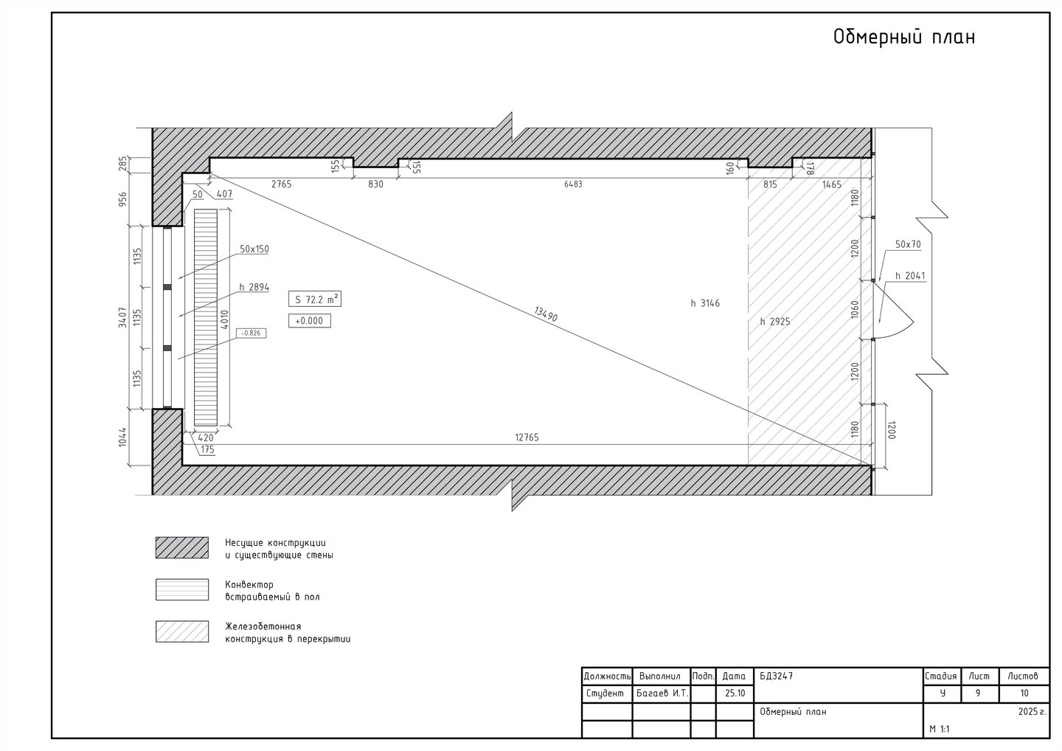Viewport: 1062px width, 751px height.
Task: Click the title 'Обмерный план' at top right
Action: point(904,36)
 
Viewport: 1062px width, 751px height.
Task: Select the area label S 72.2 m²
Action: point(315,300)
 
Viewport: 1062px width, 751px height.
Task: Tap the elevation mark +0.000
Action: point(309,321)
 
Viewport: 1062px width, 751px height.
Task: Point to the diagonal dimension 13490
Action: point(545,314)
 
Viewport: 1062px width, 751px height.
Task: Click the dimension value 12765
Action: point(527,437)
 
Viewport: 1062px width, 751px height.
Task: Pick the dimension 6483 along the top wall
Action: point(573,184)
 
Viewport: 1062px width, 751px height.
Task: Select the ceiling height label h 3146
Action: point(705,303)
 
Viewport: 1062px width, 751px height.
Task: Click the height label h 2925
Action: point(775,322)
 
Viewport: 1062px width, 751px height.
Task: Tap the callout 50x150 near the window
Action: point(254,249)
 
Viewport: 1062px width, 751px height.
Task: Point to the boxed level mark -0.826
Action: point(251,333)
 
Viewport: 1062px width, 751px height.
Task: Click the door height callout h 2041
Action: point(910,276)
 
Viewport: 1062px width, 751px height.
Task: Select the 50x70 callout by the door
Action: point(908,245)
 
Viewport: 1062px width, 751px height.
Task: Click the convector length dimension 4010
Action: point(225,319)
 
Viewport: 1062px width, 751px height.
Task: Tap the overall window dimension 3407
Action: point(122,317)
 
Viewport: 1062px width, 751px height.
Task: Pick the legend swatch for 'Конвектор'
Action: point(182,589)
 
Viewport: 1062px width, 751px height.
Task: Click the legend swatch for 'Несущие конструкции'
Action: point(182,547)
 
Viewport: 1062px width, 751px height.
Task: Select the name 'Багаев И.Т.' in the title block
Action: point(662,693)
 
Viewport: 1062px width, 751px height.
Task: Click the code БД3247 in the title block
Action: point(776,676)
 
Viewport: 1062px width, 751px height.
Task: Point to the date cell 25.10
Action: point(735,693)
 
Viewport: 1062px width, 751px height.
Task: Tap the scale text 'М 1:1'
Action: point(940,729)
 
